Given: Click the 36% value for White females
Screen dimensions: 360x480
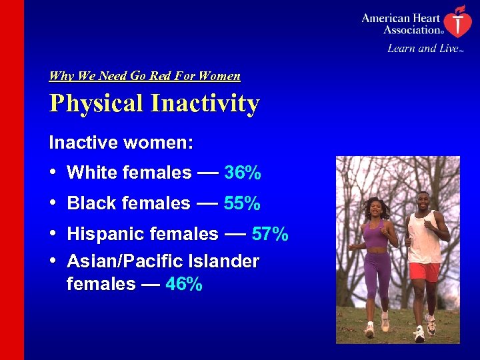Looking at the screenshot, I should pos(243,173).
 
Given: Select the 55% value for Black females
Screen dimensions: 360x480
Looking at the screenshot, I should pos(242,203).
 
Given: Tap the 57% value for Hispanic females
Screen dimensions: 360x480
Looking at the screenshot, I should pos(270,234).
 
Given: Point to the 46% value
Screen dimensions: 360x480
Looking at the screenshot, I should pos(183,285).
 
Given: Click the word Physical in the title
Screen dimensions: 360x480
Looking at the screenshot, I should pos(96,104).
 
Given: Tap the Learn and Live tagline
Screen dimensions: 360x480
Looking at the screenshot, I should pos(422,48).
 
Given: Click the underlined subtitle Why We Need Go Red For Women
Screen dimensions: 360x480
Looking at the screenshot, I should pos(145,76).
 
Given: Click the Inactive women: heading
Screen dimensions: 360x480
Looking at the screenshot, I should pos(121,143).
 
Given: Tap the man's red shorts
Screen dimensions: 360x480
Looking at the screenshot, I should pos(424,271).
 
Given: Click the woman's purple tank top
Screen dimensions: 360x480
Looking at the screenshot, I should pos(376,235).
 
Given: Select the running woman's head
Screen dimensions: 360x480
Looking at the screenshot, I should pos(373,207).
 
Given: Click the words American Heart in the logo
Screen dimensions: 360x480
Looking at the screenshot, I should pos(400,19).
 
